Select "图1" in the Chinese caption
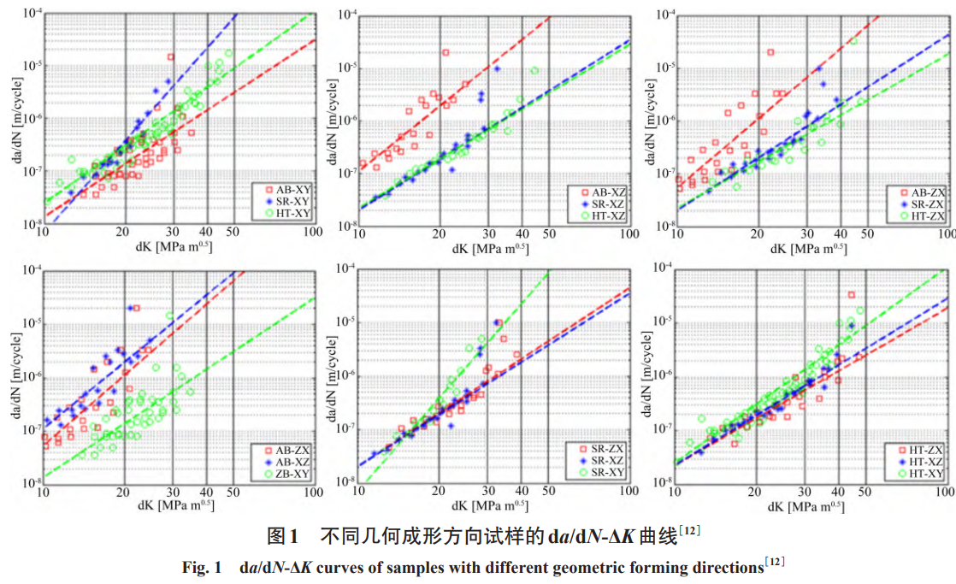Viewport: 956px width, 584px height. click(281, 537)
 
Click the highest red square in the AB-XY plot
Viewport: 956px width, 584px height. click(171, 57)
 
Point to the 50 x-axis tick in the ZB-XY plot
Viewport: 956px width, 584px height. click(233, 493)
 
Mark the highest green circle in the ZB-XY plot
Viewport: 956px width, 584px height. click(169, 316)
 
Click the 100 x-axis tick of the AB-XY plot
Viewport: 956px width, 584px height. click(313, 233)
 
